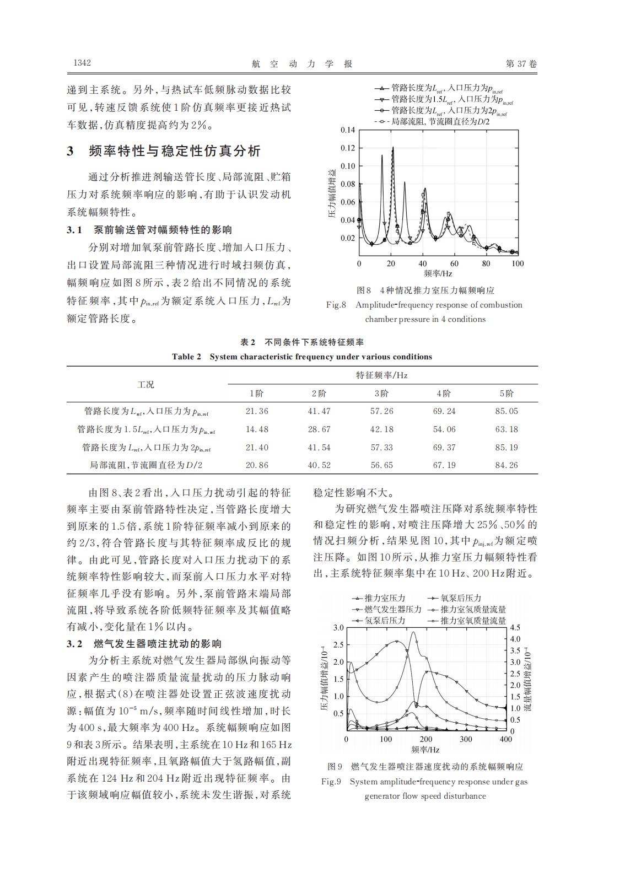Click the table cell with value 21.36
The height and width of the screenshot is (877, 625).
pos(257,411)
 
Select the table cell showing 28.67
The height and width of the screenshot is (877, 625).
pos(319,429)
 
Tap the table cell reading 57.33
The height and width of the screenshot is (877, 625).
pos(382,448)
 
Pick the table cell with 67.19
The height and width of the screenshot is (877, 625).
pos(444,465)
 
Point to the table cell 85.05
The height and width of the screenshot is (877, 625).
pos(507,411)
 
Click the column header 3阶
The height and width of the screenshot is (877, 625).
pos(382,394)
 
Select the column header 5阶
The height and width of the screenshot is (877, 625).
pos(507,394)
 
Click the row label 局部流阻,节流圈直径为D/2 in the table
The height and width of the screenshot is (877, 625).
pos(146,465)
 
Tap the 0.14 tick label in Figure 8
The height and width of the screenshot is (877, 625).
pos(348,130)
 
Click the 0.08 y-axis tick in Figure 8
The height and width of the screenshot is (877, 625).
pos(348,184)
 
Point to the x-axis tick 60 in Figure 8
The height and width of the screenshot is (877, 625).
pos(454,264)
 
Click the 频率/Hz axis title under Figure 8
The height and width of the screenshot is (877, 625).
pos(438,273)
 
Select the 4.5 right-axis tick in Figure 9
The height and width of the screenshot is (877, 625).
pos(515,628)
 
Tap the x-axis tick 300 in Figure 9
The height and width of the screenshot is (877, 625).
pos(466,740)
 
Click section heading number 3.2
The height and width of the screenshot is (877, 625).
pos(74,644)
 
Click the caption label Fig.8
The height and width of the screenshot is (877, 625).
pos(336,305)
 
